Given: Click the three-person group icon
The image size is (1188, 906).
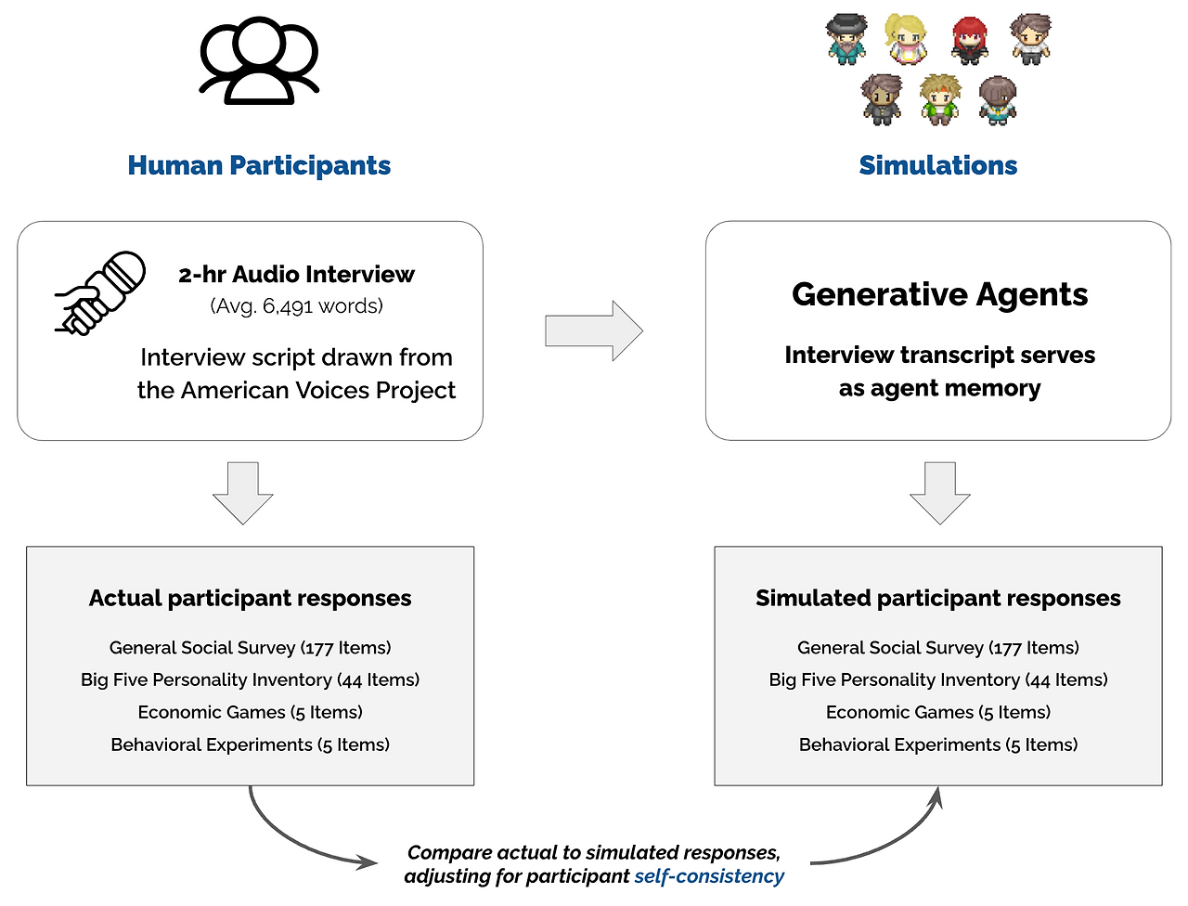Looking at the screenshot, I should pos(259,61).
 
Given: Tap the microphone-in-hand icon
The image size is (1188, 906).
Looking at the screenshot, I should pos(100,292).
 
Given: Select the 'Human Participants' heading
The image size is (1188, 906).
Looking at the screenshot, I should pos(259,165).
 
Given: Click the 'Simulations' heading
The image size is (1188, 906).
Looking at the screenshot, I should pos(937,165).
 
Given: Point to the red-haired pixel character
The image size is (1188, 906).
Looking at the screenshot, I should pos(970,40).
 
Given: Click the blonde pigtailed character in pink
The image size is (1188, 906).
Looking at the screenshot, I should pos(905,38).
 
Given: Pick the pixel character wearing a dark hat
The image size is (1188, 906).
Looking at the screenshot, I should pos(846,39).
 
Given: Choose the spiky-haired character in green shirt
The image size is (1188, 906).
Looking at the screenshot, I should pos(939,99).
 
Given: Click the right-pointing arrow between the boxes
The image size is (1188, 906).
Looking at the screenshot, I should pos(594,330).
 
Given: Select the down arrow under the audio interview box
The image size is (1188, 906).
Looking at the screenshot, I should pos(243,493).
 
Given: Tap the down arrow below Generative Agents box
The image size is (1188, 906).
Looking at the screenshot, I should pos(939,493).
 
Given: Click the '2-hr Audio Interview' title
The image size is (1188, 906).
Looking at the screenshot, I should pos(296,275).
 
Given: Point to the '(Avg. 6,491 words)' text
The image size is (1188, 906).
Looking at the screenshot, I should pos(296,306).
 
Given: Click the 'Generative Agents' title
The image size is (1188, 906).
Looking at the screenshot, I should pos(939,294).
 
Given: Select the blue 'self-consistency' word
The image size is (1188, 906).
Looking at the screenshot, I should pos(709,876).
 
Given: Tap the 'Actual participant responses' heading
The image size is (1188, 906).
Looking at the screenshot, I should pos(250,599).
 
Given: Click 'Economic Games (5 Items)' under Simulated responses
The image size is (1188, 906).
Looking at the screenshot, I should pos(937,712).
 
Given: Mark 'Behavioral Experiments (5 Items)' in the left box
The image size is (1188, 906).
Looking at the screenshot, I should pos(250,744).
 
